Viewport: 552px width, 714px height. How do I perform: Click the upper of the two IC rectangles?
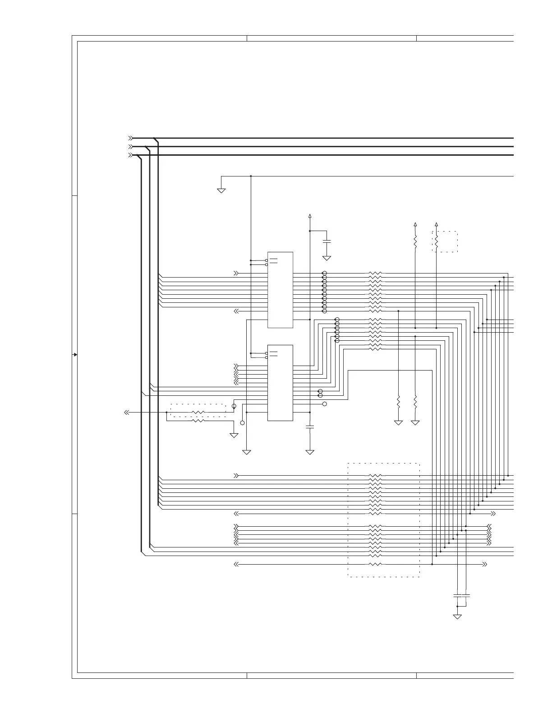coord(280,290)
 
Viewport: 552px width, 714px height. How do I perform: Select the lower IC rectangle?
coord(280,383)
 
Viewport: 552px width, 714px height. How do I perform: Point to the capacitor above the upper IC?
coord(327,242)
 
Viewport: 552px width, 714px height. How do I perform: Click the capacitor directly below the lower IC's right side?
coord(310,427)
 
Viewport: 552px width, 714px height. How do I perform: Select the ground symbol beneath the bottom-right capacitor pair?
coord(457,617)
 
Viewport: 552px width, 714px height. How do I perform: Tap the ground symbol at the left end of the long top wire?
coord(221,190)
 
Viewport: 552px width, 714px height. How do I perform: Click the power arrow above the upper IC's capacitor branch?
coord(310,215)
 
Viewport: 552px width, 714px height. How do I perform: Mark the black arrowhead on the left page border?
coord(75,355)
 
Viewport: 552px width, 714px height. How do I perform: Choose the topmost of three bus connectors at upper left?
coord(130,138)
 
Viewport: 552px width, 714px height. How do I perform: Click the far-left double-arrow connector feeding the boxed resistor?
coord(127,413)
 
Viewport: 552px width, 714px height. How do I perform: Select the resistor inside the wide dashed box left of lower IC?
coord(198,413)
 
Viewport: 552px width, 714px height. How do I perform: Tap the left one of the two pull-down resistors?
coord(398,401)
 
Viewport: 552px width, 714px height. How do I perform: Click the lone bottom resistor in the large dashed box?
coord(375,564)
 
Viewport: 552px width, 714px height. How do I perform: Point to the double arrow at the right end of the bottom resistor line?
coord(484,564)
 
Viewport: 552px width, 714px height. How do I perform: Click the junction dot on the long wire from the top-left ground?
coord(251,176)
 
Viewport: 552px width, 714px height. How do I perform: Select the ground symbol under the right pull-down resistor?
coord(415,423)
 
